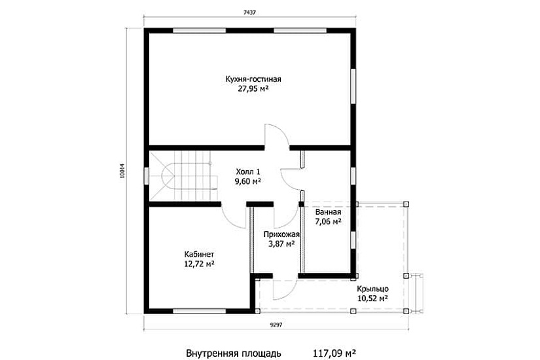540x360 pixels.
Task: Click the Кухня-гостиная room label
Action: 253,79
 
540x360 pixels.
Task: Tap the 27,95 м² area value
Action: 253,89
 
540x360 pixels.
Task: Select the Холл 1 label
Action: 248,171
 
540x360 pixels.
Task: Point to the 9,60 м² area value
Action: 247,181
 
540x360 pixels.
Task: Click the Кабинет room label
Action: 199,255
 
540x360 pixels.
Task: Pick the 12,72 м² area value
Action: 199,264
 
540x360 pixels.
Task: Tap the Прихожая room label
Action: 281,234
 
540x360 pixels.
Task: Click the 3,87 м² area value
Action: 281,244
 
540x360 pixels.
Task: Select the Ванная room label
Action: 328,212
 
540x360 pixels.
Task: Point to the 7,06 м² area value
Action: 328,221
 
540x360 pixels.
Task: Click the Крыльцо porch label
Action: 373,289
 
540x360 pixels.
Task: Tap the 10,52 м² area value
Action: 373,298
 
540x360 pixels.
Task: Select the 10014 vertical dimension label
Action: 122,170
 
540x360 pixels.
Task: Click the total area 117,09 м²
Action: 334,353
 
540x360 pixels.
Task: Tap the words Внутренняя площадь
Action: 234,353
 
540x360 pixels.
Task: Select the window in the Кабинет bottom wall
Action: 200,311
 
